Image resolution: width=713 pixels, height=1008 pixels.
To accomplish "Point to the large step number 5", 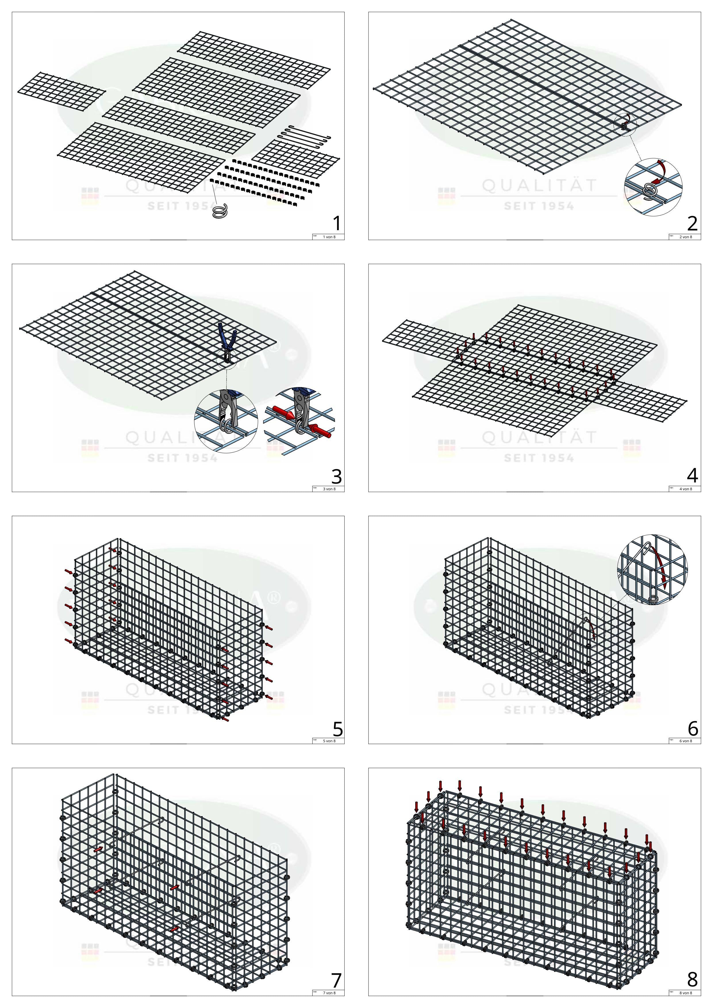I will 337,729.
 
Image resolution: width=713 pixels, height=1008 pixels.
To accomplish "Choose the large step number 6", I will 693,728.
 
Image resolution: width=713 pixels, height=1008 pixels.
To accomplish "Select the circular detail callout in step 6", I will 652,570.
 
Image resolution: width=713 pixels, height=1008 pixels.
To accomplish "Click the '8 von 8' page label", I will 686,993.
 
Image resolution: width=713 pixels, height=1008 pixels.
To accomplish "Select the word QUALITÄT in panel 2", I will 540,186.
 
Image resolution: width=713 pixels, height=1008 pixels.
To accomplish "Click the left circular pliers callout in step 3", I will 226,421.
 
